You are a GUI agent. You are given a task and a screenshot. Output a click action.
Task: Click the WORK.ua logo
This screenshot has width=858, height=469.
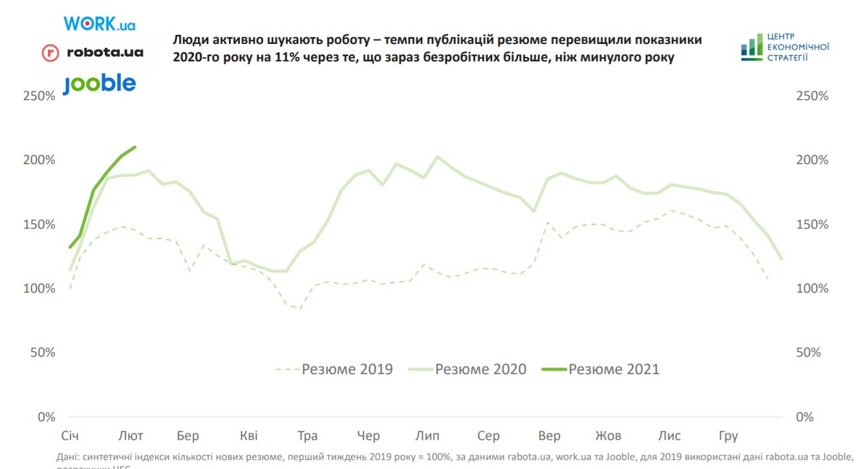(x=99, y=24)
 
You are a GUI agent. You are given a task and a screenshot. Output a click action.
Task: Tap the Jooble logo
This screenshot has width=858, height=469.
(x=99, y=84)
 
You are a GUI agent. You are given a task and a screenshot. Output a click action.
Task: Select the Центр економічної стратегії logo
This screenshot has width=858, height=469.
(x=785, y=47)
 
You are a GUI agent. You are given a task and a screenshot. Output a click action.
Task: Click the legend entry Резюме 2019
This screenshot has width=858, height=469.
(x=334, y=370)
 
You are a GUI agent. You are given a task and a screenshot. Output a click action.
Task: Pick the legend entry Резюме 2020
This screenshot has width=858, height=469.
(x=467, y=370)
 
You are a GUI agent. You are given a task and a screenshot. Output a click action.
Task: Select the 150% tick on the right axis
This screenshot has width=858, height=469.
(x=811, y=225)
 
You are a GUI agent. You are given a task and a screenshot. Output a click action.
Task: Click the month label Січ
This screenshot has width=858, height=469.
(x=70, y=436)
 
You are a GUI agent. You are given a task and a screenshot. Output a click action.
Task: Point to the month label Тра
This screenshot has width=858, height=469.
(x=307, y=436)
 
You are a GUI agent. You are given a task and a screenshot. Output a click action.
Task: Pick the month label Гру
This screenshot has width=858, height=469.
(x=728, y=436)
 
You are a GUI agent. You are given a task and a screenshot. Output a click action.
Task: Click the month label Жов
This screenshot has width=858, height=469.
(x=608, y=436)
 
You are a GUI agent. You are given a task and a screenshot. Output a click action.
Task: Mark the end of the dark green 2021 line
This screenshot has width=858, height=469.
(x=135, y=147)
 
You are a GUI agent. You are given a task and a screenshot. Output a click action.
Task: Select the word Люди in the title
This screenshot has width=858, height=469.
(x=189, y=40)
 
